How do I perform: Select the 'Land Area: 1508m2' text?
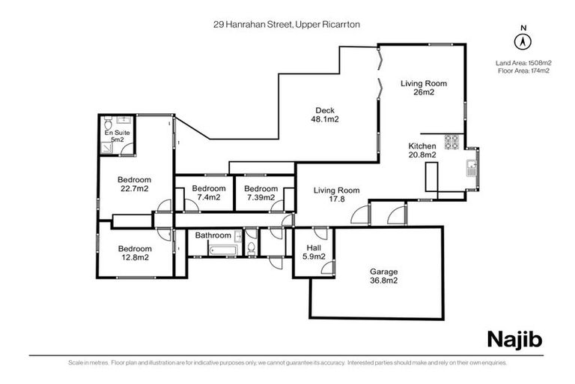click(523, 63)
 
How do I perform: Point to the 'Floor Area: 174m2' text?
click(523, 71)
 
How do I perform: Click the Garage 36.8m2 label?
click(383, 277)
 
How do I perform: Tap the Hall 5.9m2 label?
click(312, 252)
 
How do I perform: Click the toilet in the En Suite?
click(109, 123)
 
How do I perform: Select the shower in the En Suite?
click(109, 147)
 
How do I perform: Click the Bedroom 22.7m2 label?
click(134, 184)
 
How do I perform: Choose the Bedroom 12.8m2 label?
click(134, 253)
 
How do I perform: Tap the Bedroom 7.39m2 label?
click(261, 193)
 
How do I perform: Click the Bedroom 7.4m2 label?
click(208, 193)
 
